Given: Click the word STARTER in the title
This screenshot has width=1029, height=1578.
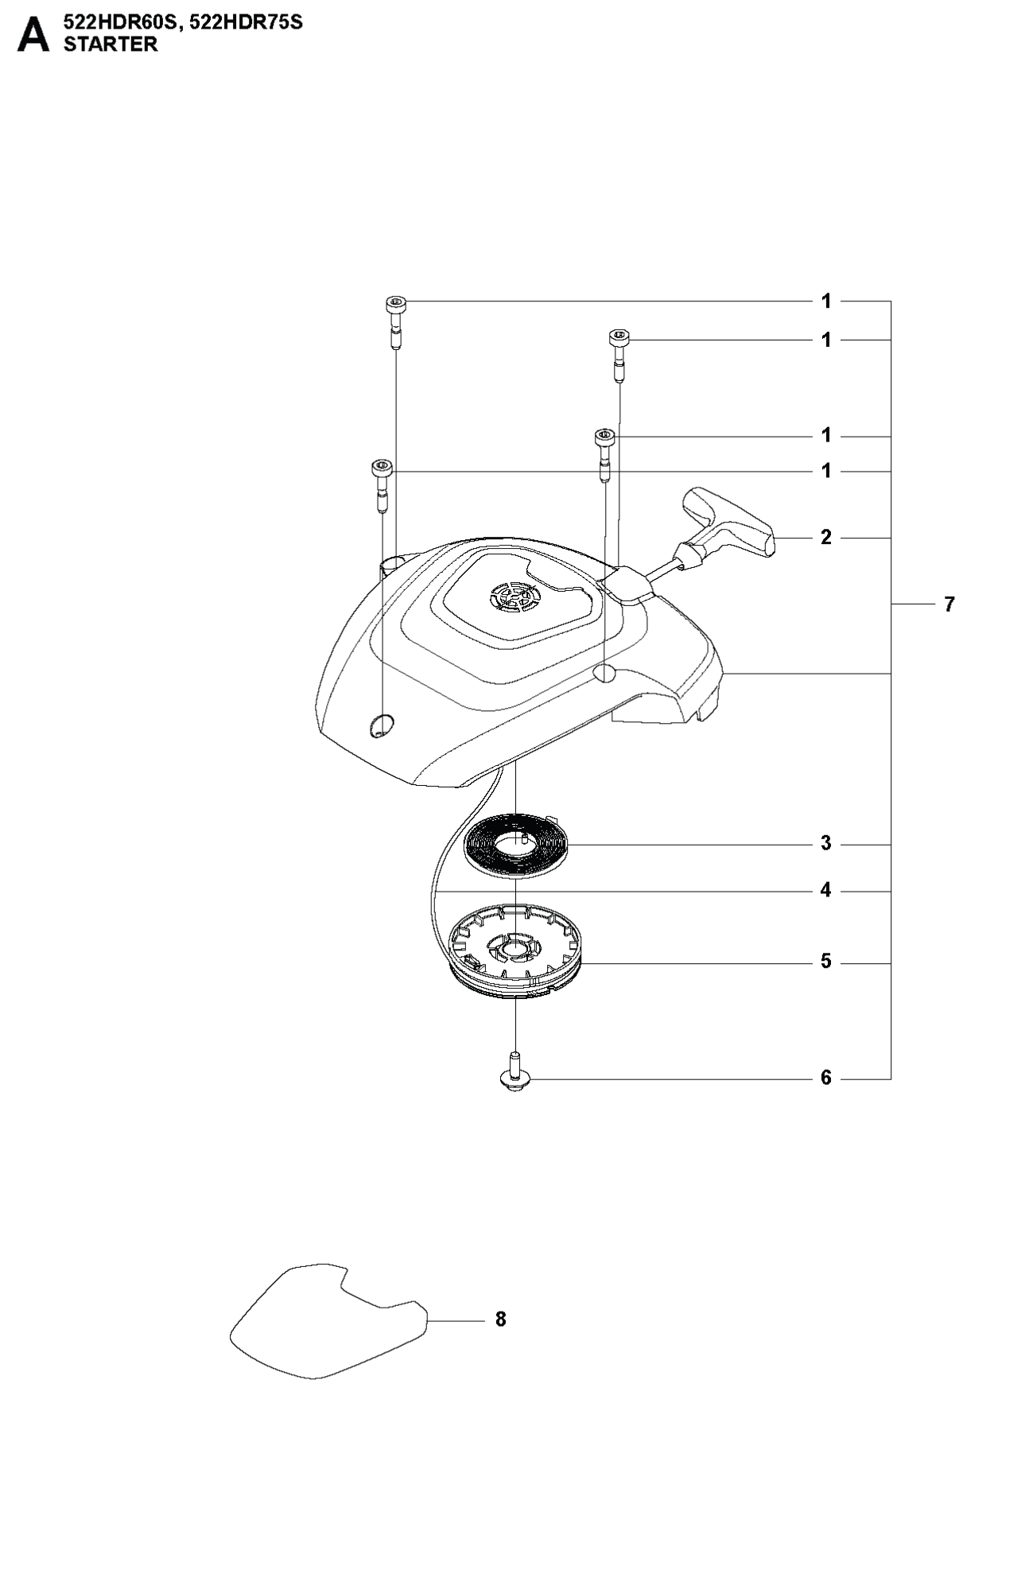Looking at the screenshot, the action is (111, 45).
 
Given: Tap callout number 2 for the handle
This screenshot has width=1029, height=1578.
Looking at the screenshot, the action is (826, 538).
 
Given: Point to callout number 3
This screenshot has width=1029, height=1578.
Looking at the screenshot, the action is (826, 843).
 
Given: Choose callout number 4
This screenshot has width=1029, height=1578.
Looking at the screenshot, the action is (826, 891).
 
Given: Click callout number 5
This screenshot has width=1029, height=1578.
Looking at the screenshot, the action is (826, 962).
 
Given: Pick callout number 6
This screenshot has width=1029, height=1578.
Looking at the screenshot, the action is (826, 1079).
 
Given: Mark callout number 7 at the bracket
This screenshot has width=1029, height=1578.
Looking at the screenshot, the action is (949, 604).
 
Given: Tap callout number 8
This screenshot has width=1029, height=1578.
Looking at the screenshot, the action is (500, 1320).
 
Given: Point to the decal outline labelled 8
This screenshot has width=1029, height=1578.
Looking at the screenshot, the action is (328, 1321).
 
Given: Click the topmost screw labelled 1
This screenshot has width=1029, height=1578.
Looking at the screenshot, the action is (395, 321).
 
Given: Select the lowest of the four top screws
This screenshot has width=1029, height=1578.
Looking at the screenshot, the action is (382, 486).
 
